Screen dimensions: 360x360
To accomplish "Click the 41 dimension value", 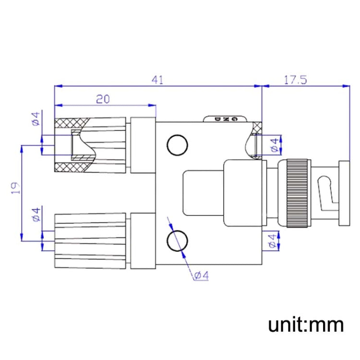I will click(x=157, y=80).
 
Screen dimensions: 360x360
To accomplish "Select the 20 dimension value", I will click(x=103, y=99).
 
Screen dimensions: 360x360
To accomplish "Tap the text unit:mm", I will click(x=306, y=324).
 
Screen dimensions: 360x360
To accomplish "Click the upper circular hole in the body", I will click(x=176, y=144).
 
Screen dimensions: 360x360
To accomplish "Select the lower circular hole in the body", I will click(x=176, y=240).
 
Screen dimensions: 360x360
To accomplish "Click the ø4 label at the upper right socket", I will click(x=274, y=145).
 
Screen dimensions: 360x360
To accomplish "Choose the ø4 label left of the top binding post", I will click(x=36, y=119).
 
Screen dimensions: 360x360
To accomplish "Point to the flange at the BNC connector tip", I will click(x=345, y=193).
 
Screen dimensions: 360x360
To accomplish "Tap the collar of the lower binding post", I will click(x=143, y=241).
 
